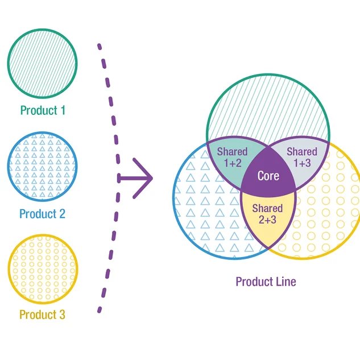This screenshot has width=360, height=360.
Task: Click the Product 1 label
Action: [43, 110]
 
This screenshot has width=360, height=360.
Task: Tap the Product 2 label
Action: [43, 214]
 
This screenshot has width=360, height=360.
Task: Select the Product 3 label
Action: [43, 315]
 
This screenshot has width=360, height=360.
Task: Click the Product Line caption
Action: [266, 282]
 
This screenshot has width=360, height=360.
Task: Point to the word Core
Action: [268, 176]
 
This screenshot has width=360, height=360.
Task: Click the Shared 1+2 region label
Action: [233, 158]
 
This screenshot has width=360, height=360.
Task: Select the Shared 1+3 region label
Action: [302, 158]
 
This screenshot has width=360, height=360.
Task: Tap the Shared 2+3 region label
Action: [267, 214]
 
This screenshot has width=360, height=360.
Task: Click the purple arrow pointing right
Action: [135, 178]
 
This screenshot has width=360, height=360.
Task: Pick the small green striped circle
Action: [43, 63]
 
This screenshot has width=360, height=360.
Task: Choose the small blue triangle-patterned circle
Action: [43, 167]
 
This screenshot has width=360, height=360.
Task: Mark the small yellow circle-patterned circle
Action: [43, 269]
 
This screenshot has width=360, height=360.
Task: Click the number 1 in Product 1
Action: [63, 110]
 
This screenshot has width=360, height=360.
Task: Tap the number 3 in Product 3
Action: [62, 315]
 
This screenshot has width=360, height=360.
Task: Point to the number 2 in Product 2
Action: [62, 214]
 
